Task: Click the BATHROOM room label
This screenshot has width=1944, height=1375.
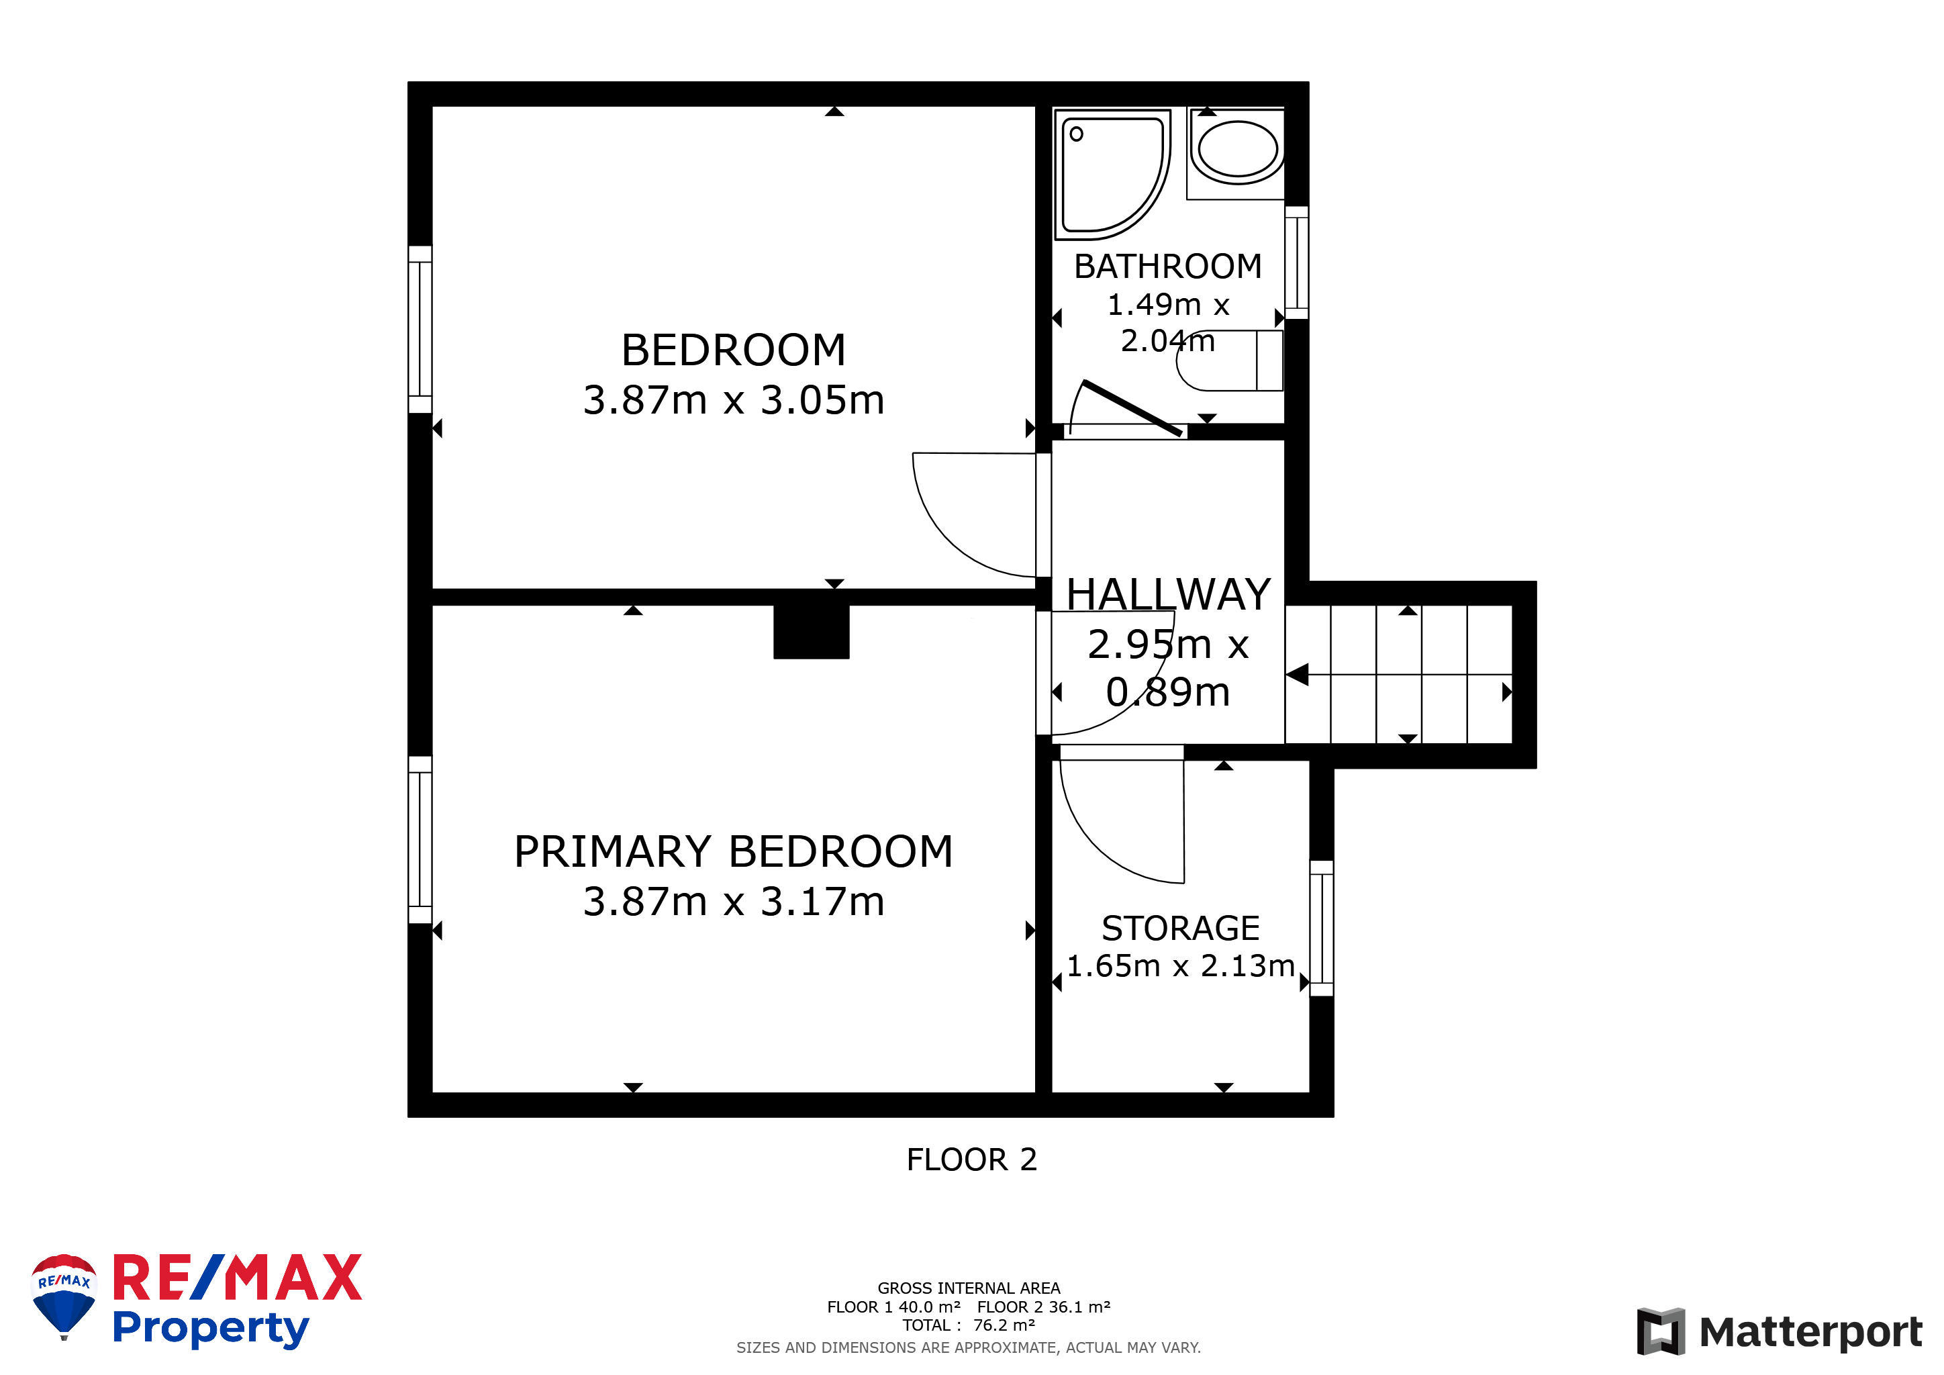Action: (1167, 267)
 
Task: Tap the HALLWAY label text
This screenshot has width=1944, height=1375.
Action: (1169, 594)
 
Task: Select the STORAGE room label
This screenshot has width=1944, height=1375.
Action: (1180, 929)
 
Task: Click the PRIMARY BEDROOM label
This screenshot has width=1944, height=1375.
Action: (733, 852)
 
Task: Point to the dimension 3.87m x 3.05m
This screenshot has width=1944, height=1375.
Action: (733, 400)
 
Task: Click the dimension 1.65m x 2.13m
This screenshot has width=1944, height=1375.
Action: (1180, 966)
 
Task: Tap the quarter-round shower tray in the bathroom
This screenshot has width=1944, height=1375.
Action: (1112, 175)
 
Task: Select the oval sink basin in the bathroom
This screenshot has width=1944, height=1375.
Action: (1238, 152)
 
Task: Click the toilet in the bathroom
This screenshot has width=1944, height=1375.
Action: (1229, 360)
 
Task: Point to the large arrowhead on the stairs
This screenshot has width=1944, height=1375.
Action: (1297, 675)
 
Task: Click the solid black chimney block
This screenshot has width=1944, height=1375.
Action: (811, 632)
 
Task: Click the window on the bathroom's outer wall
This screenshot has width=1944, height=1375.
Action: (1296, 263)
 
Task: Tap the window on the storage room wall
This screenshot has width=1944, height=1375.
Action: (1322, 929)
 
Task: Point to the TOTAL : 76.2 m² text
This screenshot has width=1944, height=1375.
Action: (969, 1325)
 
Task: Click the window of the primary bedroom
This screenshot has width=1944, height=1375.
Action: (420, 840)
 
